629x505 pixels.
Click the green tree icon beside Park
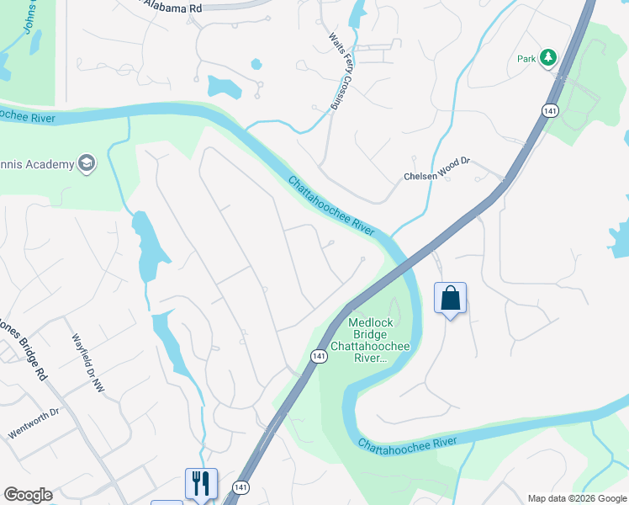pyautogui.click(x=548, y=58)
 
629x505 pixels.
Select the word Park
pyautogui.click(x=526, y=59)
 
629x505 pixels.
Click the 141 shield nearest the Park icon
pyautogui.click(x=548, y=111)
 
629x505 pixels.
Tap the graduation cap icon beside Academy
pyautogui.click(x=86, y=163)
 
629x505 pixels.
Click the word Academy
pyautogui.click(x=49, y=163)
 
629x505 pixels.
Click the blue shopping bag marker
pyautogui.click(x=450, y=299)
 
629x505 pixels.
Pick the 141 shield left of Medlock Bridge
pyautogui.click(x=319, y=357)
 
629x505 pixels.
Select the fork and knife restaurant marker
pyautogui.click(x=201, y=483)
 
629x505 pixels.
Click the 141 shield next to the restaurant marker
pyautogui.click(x=241, y=488)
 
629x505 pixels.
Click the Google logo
pyautogui.click(x=28, y=495)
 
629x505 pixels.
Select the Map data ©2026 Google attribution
pyautogui.click(x=578, y=498)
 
